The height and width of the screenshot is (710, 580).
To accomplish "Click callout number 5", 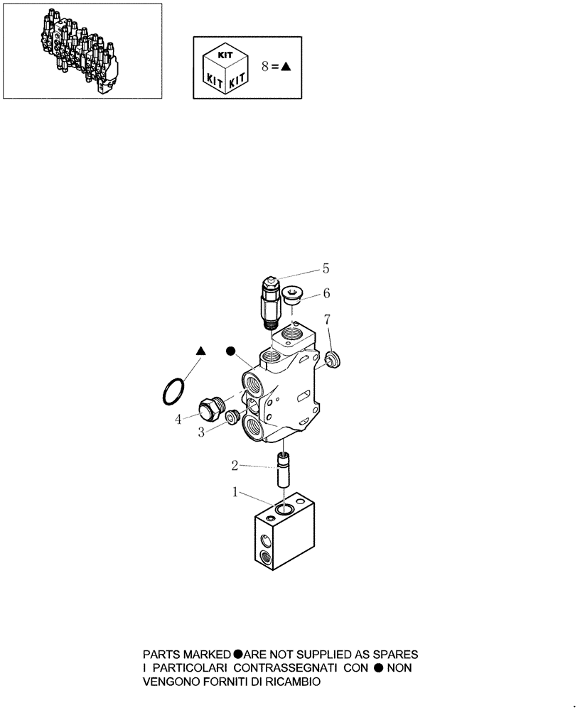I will click(326, 268).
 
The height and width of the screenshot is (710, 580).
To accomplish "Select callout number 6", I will click(326, 293).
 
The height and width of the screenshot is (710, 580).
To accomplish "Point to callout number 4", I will click(178, 420).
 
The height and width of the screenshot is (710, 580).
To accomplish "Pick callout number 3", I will click(202, 430).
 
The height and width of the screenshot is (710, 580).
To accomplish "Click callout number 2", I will click(235, 466).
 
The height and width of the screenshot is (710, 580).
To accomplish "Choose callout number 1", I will click(235, 491).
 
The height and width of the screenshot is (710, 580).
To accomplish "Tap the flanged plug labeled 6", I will click(292, 295).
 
